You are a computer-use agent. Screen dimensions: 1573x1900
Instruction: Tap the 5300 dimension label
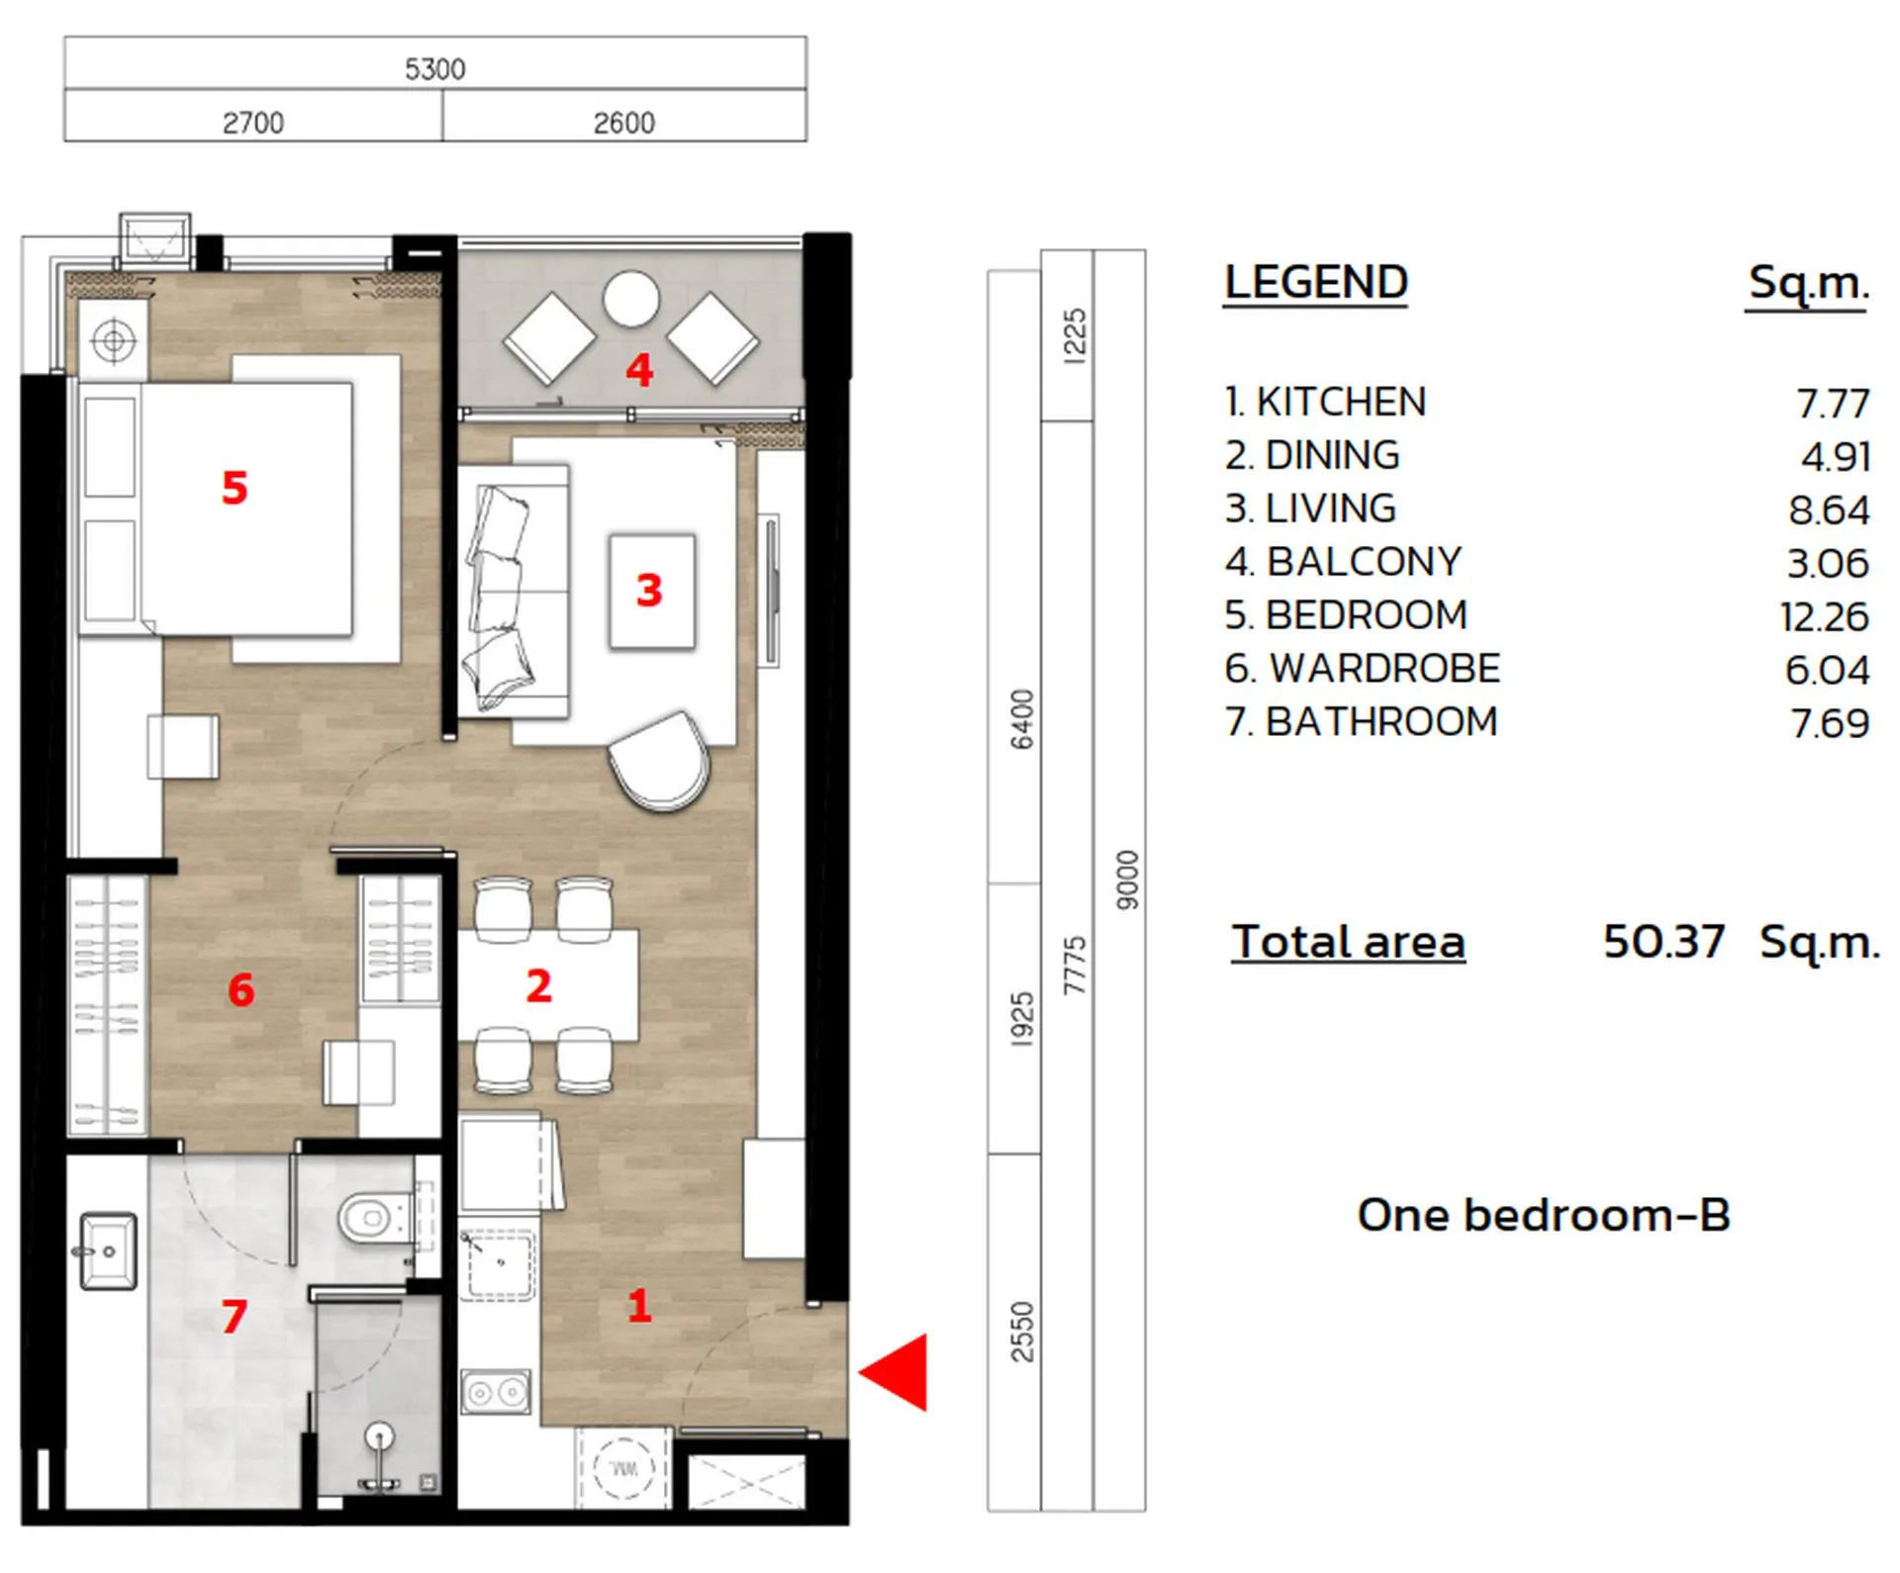point(434,69)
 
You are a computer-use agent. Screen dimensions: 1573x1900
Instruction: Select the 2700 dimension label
point(253,123)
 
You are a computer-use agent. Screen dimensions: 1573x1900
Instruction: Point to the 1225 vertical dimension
point(1074,336)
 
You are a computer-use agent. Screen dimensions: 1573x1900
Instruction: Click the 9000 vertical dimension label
point(1127,879)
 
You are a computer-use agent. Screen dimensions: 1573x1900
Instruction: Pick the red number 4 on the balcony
point(639,371)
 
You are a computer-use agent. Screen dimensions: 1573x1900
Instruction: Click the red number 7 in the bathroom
point(235,1316)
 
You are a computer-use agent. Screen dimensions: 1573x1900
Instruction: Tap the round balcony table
point(630,299)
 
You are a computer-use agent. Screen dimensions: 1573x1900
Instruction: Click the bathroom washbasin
point(108,1251)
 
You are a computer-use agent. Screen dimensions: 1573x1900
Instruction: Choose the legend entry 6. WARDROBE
point(1362,669)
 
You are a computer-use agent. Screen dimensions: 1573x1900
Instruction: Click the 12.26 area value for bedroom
point(1824,617)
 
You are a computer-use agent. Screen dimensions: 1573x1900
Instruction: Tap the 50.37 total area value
point(1663,941)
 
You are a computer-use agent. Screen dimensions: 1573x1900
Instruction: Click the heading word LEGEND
point(1315,282)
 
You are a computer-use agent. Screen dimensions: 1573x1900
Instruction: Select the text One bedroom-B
point(1543,1215)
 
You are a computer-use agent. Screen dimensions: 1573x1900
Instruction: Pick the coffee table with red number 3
point(651,591)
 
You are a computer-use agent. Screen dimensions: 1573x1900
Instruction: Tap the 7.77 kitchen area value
point(1832,404)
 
